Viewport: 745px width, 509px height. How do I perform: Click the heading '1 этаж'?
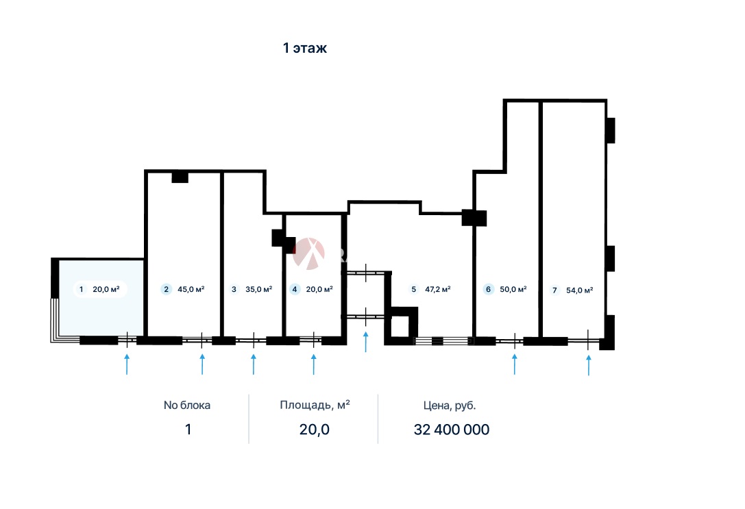304,48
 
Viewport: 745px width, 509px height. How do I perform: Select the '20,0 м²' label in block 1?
106,289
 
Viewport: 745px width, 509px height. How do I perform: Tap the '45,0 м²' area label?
191,289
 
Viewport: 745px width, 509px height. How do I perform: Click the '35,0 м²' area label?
259,289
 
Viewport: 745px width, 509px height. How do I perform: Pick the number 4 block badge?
295,289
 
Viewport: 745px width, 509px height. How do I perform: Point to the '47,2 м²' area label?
437,289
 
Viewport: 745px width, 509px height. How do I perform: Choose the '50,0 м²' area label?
513,289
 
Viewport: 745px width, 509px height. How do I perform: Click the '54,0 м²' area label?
580,290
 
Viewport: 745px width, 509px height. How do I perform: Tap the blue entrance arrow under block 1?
127,364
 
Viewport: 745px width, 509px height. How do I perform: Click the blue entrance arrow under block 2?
202,364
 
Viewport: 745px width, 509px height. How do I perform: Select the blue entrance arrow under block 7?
589,365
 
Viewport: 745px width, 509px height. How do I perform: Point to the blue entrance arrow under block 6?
515,364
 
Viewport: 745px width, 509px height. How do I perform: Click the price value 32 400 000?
452,430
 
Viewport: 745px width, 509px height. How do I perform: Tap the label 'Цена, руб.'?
450,406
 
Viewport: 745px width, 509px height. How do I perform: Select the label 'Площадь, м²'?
315,405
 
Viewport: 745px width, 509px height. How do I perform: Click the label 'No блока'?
186,406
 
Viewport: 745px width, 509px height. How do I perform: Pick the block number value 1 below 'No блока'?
188,430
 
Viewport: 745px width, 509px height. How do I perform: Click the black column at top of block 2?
180,177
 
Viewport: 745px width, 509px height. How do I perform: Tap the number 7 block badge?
554,290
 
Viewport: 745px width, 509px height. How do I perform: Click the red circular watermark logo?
309,253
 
